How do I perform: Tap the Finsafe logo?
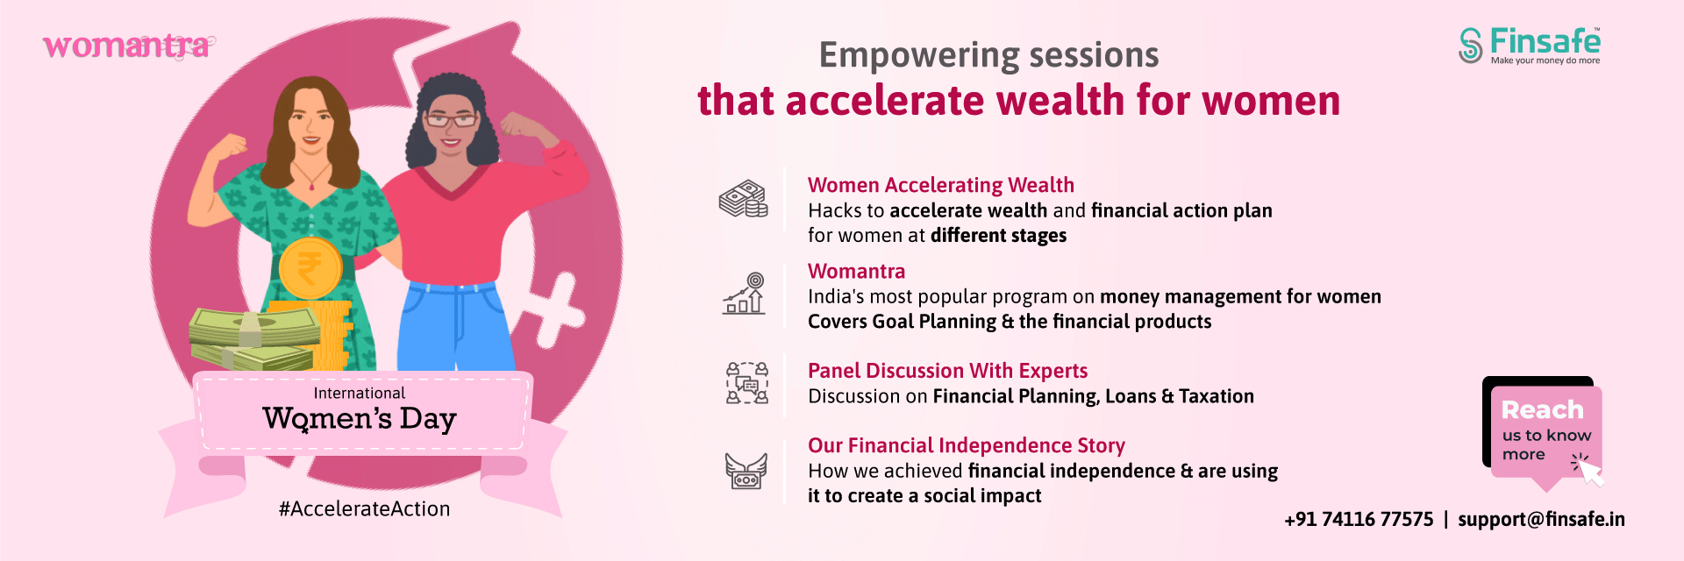pyautogui.click(x=1530, y=46)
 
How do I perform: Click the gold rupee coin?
pyautogui.click(x=310, y=267)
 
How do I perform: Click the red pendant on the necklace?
pyautogui.click(x=311, y=186)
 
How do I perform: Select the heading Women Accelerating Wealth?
pyautogui.click(x=940, y=185)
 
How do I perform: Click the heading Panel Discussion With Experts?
pyautogui.click(x=947, y=371)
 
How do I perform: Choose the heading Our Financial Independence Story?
pyautogui.click(x=967, y=445)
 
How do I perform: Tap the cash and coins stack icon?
pyautogui.click(x=744, y=199)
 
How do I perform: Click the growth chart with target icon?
pyautogui.click(x=744, y=294)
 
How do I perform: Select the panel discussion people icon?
pyautogui.click(x=746, y=383)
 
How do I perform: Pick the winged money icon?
pyautogui.click(x=746, y=472)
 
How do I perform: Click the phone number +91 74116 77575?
pyautogui.click(x=1359, y=519)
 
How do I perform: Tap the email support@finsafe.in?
pyautogui.click(x=1541, y=519)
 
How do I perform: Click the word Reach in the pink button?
pyautogui.click(x=1542, y=409)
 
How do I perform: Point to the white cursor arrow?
pyautogui.click(x=1589, y=472)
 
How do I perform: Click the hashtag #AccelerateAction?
pyautogui.click(x=364, y=509)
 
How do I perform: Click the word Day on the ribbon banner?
pyautogui.click(x=428, y=419)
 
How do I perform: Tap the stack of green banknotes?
pyautogui.click(x=253, y=338)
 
